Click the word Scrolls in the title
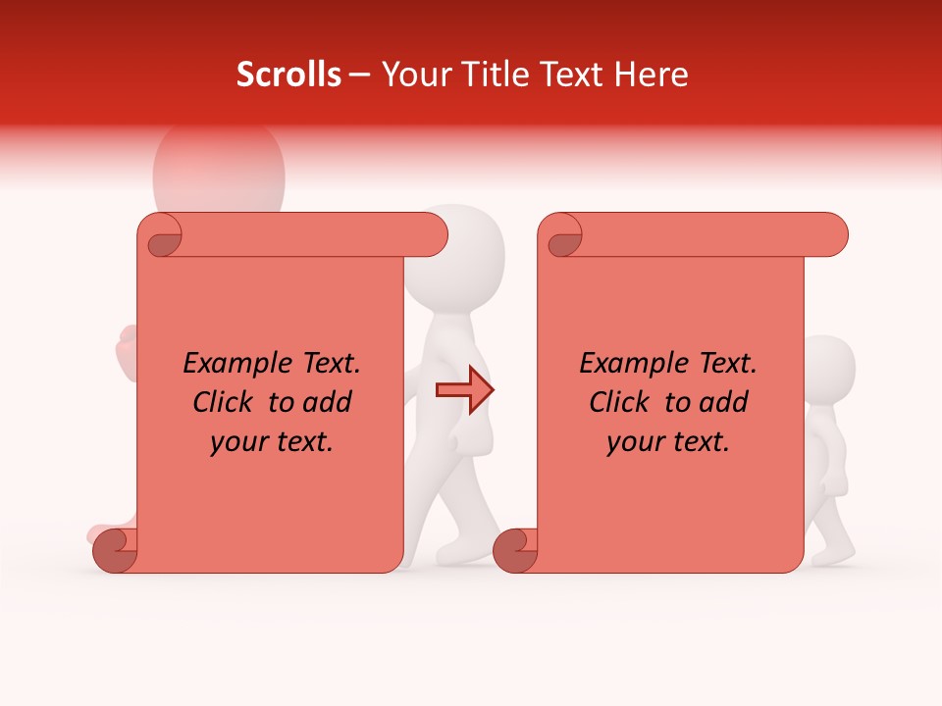(x=288, y=75)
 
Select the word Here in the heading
(x=652, y=75)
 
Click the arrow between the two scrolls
(x=464, y=390)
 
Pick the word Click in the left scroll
(x=225, y=403)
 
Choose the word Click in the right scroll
(x=621, y=403)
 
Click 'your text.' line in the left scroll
(x=272, y=442)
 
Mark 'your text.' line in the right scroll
(x=668, y=442)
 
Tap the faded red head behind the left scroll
(x=218, y=172)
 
